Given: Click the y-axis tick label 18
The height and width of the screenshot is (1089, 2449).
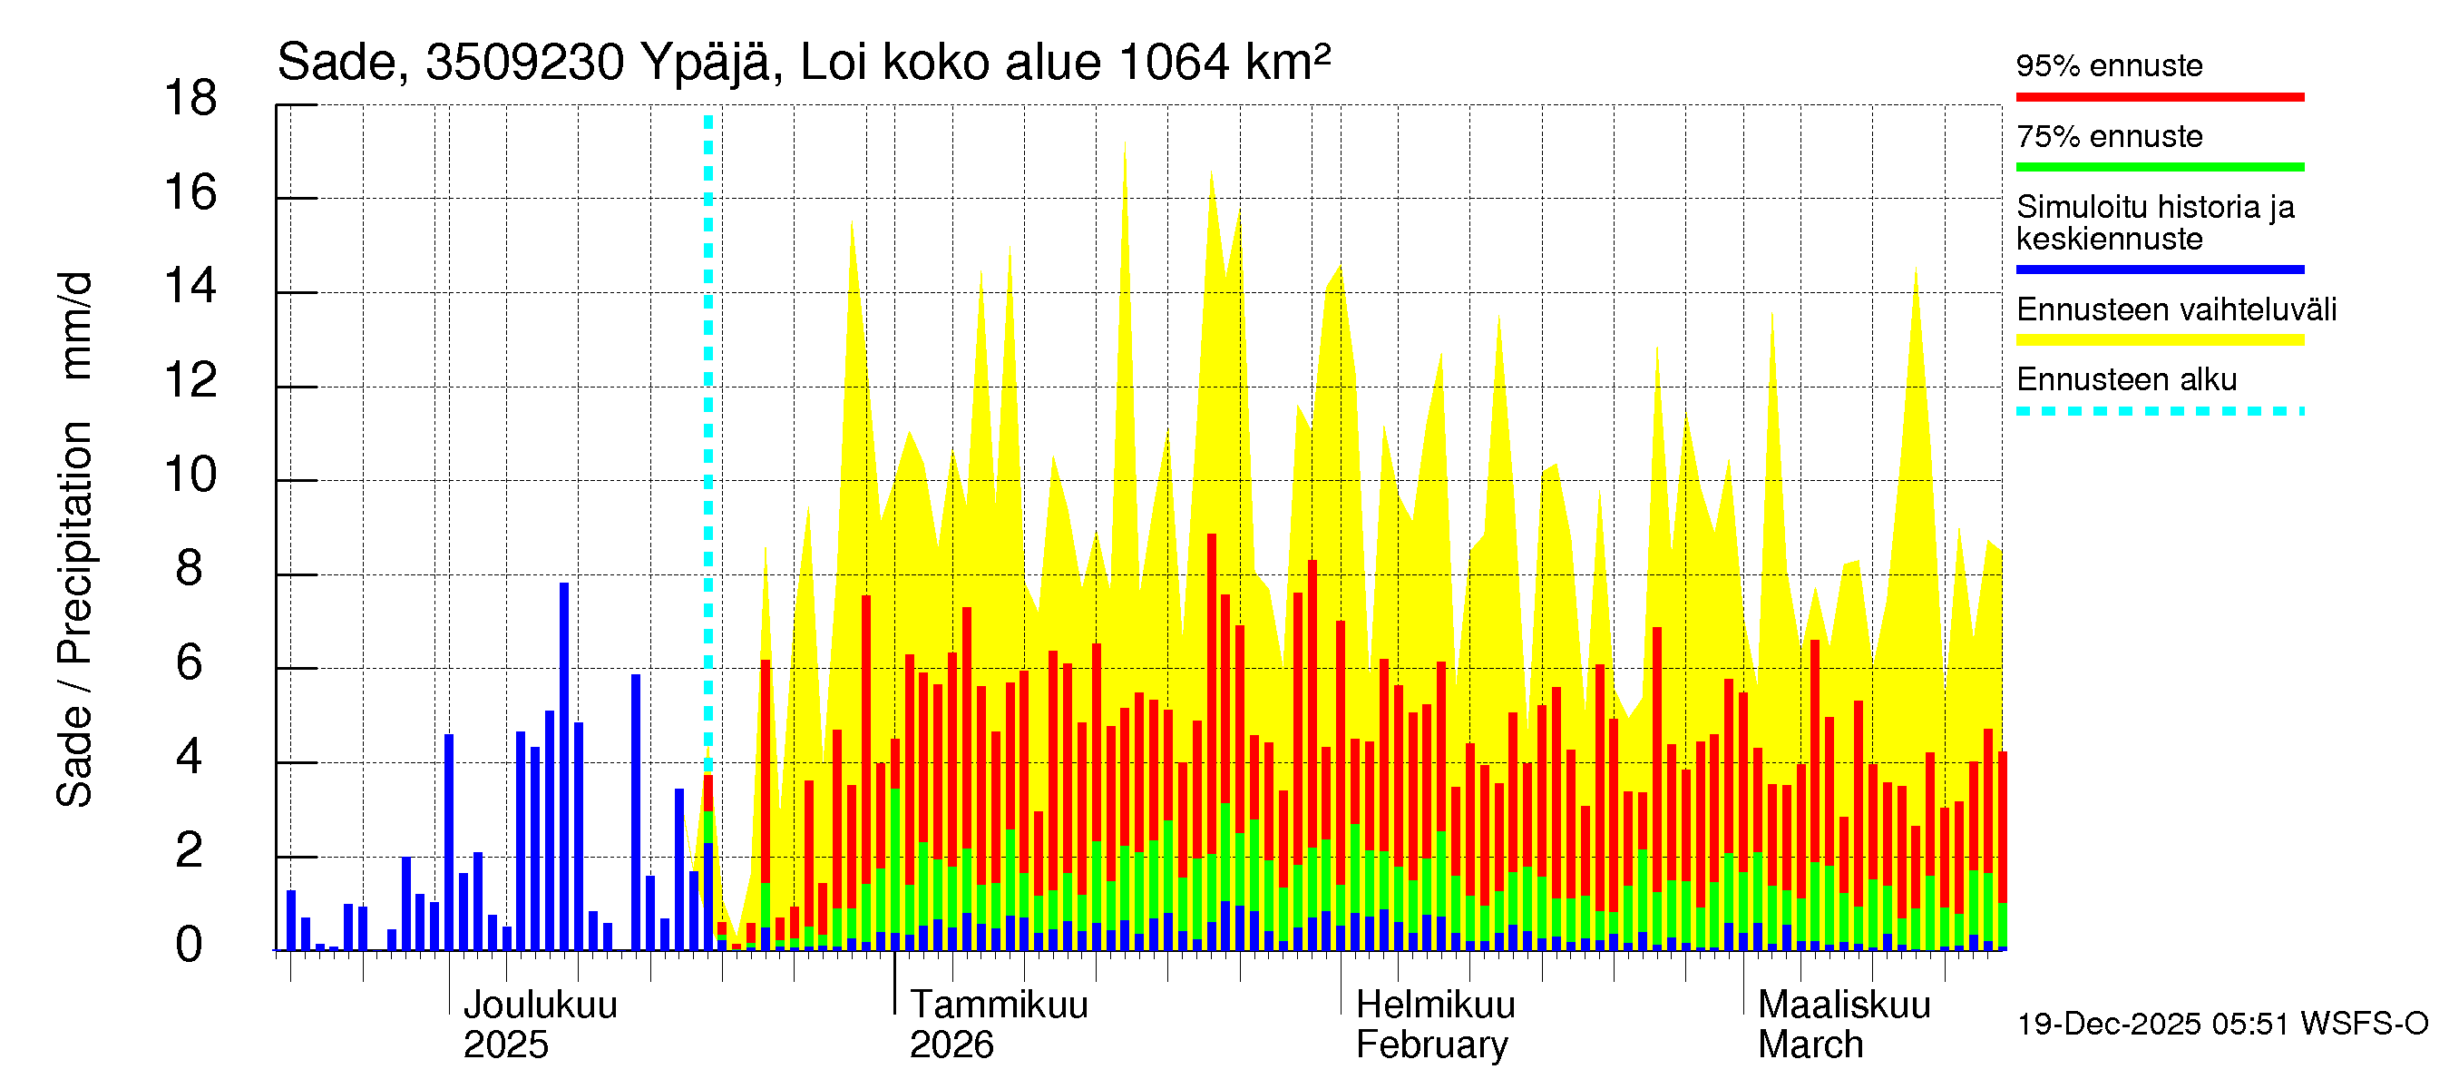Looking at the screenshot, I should (x=190, y=99).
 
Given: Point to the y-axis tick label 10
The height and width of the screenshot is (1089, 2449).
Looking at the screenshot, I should (x=190, y=475).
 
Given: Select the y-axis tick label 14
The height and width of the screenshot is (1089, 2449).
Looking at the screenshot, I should (x=190, y=286).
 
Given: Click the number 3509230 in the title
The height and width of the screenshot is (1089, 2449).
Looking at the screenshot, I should (x=524, y=63).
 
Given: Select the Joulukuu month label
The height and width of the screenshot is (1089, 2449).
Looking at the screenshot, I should (x=540, y=1006).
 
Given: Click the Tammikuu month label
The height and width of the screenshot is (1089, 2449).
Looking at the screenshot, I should (x=999, y=1006).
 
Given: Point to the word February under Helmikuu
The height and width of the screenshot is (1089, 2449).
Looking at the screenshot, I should (x=1430, y=1045).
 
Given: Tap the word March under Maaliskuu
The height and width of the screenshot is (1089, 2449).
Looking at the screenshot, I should (x=1810, y=1045).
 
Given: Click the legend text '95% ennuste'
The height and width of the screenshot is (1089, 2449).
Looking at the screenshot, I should (x=2109, y=65).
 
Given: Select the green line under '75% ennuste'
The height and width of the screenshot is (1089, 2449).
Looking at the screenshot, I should (x=2159, y=167).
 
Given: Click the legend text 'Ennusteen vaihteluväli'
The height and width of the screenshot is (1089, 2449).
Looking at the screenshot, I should (x=2176, y=310).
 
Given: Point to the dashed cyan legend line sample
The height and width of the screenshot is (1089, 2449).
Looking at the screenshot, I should (x=2159, y=412).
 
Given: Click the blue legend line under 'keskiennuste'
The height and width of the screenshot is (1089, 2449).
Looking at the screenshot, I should (x=2159, y=270).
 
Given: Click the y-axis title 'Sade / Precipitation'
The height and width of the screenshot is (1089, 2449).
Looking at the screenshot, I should (x=74, y=614).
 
